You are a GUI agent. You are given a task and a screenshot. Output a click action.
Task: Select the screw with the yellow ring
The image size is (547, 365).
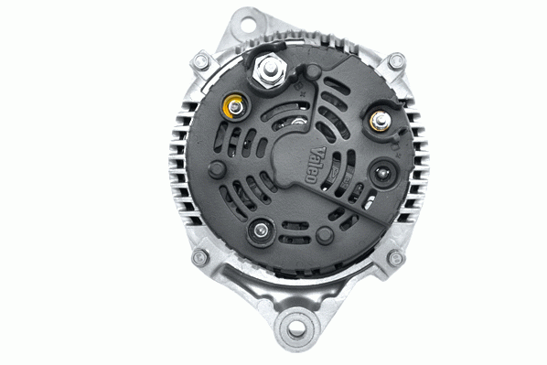[x=235, y=107]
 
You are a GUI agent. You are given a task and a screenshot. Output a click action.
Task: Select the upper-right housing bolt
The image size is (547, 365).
[x=396, y=61]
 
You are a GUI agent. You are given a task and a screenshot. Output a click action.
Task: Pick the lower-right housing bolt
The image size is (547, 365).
[x=395, y=258]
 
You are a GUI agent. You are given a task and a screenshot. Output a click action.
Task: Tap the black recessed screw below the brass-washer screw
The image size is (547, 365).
[x=382, y=170]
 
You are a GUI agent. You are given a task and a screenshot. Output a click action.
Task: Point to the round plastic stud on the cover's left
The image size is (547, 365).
[x=217, y=169]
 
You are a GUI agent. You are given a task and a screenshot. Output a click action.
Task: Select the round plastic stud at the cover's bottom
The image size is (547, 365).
[x=323, y=236]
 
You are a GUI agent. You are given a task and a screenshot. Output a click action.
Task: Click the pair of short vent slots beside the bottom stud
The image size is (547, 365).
[x=295, y=233]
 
